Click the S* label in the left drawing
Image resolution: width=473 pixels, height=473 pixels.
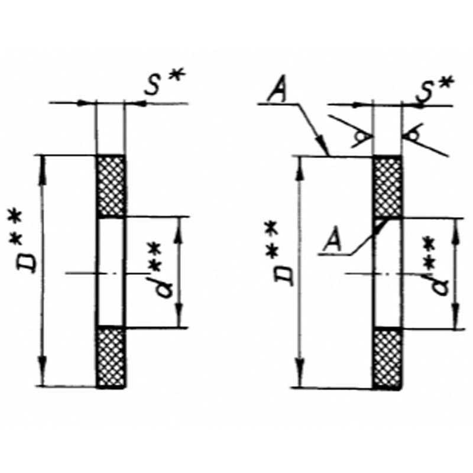tap(164, 82)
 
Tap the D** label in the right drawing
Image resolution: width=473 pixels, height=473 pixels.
tap(280, 254)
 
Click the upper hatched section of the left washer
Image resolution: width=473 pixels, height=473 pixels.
tap(111, 186)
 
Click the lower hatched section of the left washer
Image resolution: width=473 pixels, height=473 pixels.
tap(111, 357)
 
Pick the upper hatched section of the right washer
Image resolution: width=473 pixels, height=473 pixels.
tap(388, 187)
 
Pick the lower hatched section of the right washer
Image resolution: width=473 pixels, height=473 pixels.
tap(388, 359)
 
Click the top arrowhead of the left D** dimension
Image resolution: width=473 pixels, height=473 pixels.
tap(42, 170)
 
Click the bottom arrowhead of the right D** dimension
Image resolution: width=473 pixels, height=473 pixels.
tap(300, 372)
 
